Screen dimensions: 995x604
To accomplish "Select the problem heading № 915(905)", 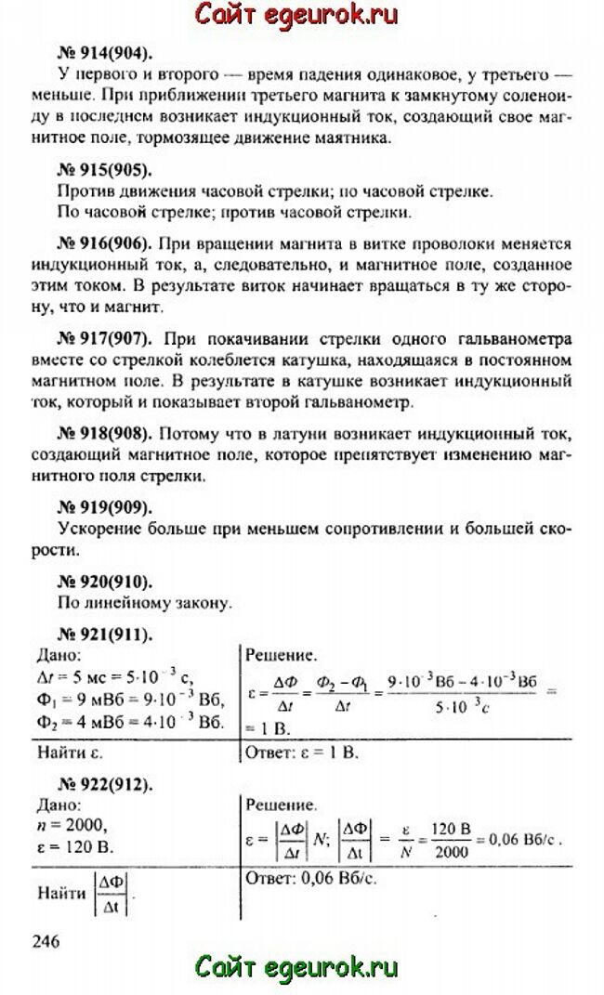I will pyautogui.click(x=105, y=170).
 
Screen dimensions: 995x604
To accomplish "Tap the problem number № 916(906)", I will pyautogui.click(x=105, y=244).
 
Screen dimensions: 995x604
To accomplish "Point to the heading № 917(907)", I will pyautogui.click(x=105, y=335).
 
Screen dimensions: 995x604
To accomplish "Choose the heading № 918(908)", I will pyautogui.click(x=105, y=434).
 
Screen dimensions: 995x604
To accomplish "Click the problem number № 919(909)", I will pyautogui.click(x=105, y=507).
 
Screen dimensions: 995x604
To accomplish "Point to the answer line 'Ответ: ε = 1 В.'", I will pyautogui.click(x=302, y=750).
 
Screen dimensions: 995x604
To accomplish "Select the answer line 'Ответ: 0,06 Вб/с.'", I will pyautogui.click(x=309, y=877).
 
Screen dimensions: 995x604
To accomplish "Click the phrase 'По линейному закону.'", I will pyautogui.click(x=145, y=603).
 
